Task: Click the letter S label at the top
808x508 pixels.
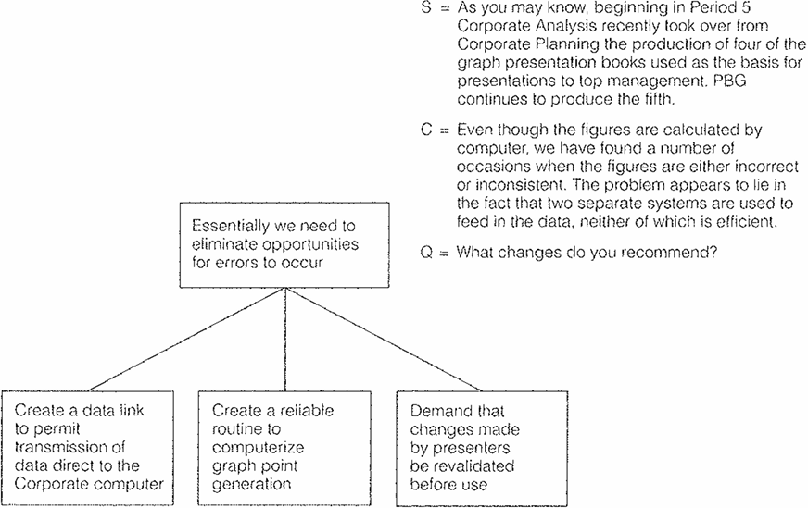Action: point(426,7)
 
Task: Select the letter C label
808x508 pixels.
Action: point(426,130)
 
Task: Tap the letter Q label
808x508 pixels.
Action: point(426,253)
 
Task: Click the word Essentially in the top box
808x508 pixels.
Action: point(231,226)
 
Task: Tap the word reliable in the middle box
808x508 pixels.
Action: point(304,411)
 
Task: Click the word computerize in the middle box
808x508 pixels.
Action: point(258,448)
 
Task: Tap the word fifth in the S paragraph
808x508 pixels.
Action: point(658,99)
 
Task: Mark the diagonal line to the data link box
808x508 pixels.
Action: point(187,340)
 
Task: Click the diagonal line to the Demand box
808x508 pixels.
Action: point(384,340)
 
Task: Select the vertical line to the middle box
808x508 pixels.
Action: point(285,340)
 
